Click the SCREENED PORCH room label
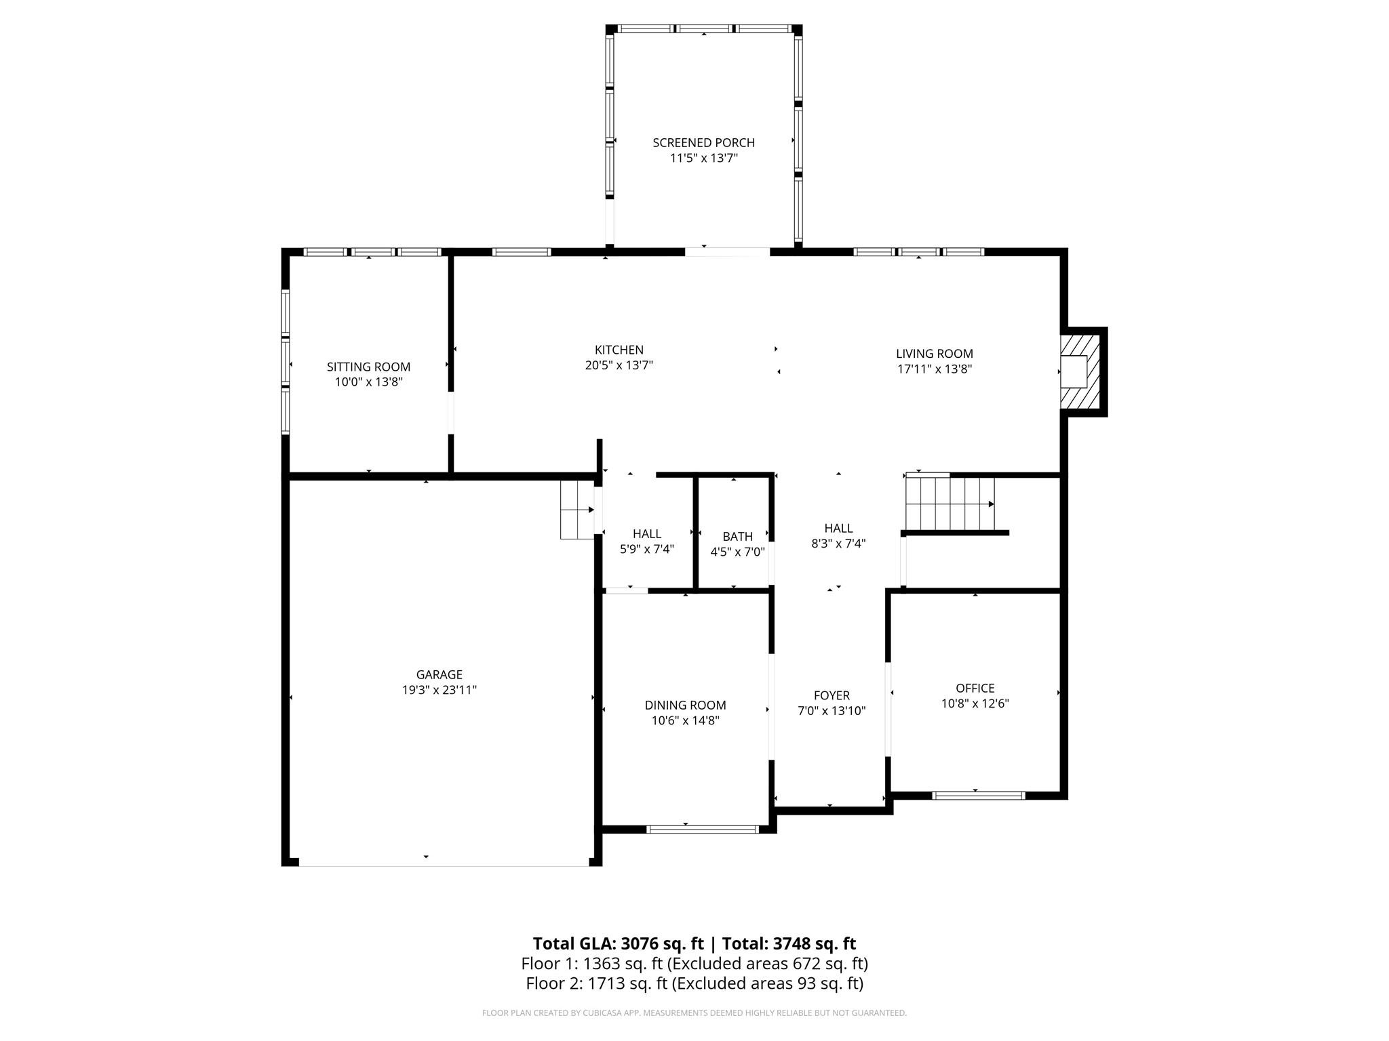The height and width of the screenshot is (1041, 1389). [x=703, y=142]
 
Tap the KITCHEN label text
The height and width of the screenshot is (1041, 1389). [x=619, y=350]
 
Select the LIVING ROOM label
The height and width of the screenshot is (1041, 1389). [x=934, y=353]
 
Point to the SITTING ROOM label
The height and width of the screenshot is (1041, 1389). [x=368, y=367]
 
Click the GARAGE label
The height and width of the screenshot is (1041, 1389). [x=439, y=674]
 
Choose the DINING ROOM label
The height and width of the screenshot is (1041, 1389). [x=685, y=705]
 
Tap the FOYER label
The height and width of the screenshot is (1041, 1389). [x=832, y=695]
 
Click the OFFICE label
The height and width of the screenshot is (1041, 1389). [x=975, y=688]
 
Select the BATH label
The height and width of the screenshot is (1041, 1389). [x=737, y=536]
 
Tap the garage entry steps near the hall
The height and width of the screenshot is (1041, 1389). [x=577, y=510]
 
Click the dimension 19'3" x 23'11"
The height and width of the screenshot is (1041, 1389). [x=439, y=690]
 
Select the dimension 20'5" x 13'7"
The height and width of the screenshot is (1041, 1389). [x=619, y=365]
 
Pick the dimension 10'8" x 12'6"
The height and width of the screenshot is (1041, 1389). [x=975, y=703]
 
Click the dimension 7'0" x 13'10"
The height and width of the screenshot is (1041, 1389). [x=832, y=711]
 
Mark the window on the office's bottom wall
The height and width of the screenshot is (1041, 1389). [x=978, y=795]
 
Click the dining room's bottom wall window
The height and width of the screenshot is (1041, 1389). [x=702, y=829]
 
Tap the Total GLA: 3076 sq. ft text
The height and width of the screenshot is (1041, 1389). [x=618, y=943]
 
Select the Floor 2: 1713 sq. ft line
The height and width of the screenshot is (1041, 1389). [x=694, y=983]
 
